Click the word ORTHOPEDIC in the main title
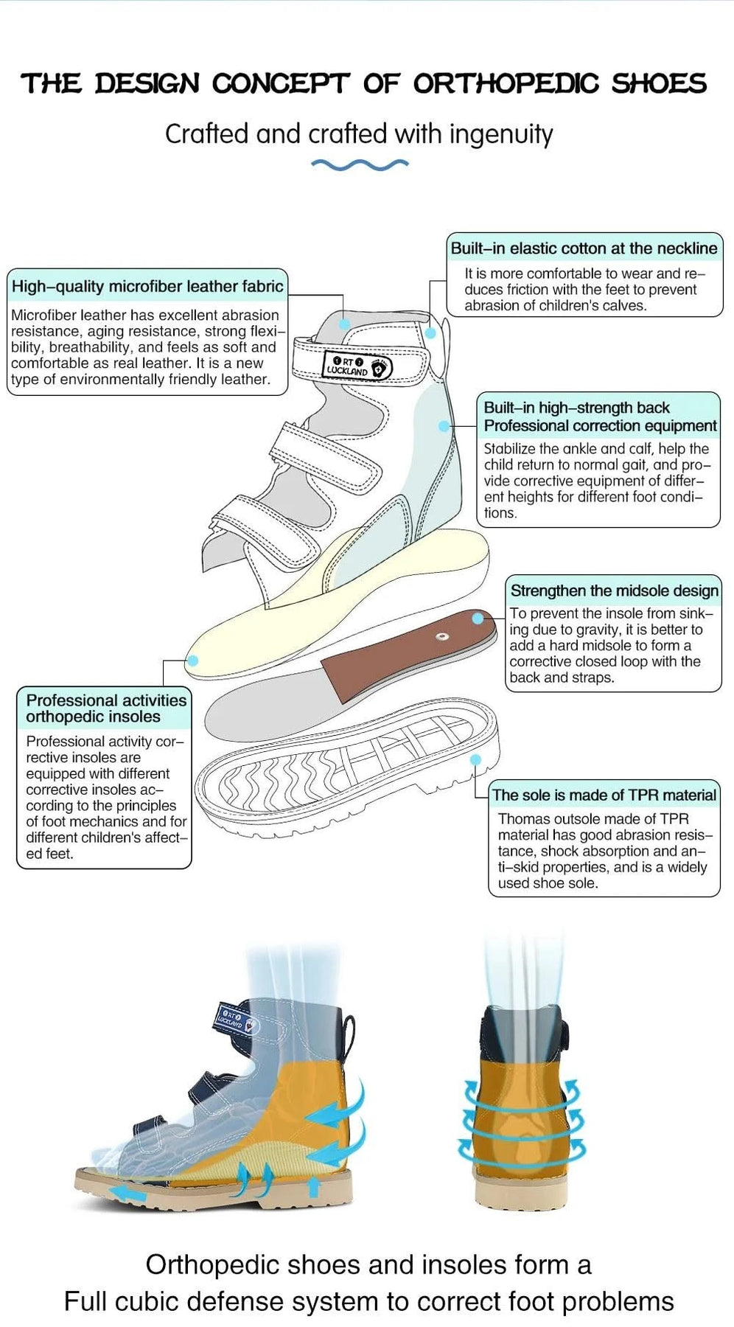(x=505, y=84)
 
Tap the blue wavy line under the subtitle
(x=359, y=164)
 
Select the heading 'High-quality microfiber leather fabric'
(x=147, y=286)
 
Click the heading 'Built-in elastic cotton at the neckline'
(x=584, y=248)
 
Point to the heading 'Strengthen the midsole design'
(x=614, y=591)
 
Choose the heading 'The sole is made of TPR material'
(x=604, y=795)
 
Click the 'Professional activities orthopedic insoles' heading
(x=106, y=708)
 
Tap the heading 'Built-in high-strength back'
(x=576, y=408)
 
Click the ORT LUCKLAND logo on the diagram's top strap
(x=357, y=366)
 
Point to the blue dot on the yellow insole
(x=192, y=661)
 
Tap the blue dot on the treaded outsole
(x=476, y=759)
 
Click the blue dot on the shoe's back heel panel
(x=444, y=426)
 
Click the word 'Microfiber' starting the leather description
(x=43, y=316)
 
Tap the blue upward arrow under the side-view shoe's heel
(x=313, y=1186)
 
